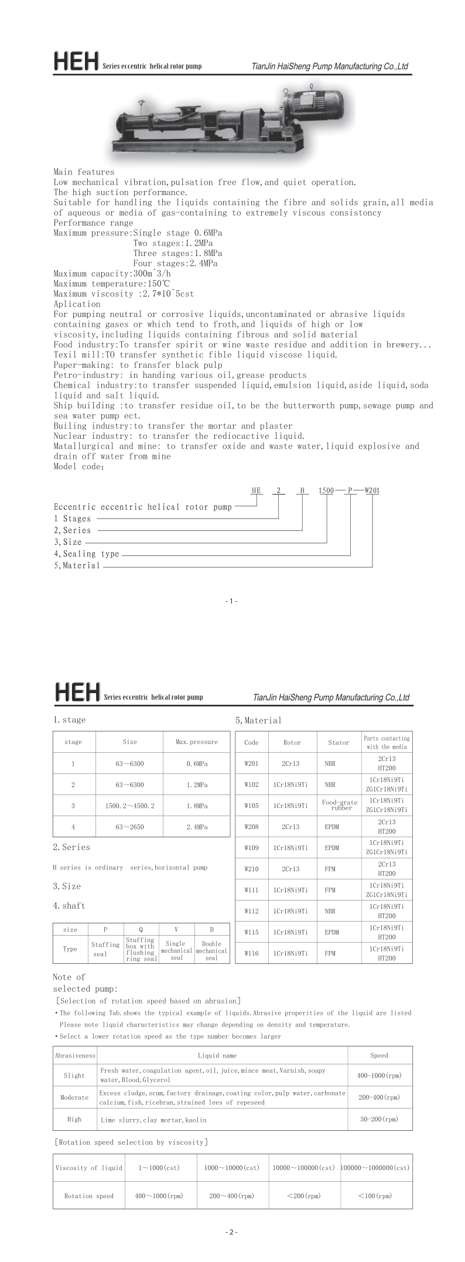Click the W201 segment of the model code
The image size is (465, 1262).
[x=372, y=490]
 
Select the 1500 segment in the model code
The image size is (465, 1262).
[x=326, y=490]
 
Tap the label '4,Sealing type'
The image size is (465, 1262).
[x=87, y=554]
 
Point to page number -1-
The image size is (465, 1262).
[x=231, y=601]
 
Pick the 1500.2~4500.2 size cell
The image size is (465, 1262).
[x=129, y=806]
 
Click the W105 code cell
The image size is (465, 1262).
[x=251, y=806]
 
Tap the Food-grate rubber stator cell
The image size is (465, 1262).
[x=339, y=805]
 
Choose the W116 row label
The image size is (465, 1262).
[x=251, y=953]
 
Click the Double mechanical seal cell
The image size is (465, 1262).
[x=211, y=950]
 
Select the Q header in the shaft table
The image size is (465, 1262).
[x=141, y=929]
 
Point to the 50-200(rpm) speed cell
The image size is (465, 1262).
[x=379, y=1119]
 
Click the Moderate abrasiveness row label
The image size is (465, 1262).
[x=74, y=1097]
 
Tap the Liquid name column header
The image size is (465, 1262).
[x=217, y=1055]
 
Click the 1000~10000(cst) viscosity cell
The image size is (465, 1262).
[x=232, y=1168]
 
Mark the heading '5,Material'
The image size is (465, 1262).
[x=258, y=721]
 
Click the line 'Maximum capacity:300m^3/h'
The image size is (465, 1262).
[x=112, y=274]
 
